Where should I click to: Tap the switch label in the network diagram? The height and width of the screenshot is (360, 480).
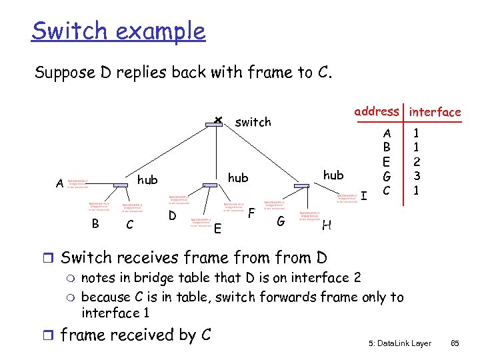(x=253, y=122)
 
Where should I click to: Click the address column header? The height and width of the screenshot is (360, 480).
(x=377, y=112)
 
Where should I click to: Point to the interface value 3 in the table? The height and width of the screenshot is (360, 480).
(x=417, y=177)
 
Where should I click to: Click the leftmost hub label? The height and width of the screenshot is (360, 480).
(x=147, y=180)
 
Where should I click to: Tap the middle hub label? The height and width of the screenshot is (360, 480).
(x=238, y=178)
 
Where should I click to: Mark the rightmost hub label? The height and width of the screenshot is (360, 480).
(x=333, y=175)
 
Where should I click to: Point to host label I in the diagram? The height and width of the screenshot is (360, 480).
(x=365, y=195)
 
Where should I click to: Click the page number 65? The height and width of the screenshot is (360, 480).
(x=455, y=343)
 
